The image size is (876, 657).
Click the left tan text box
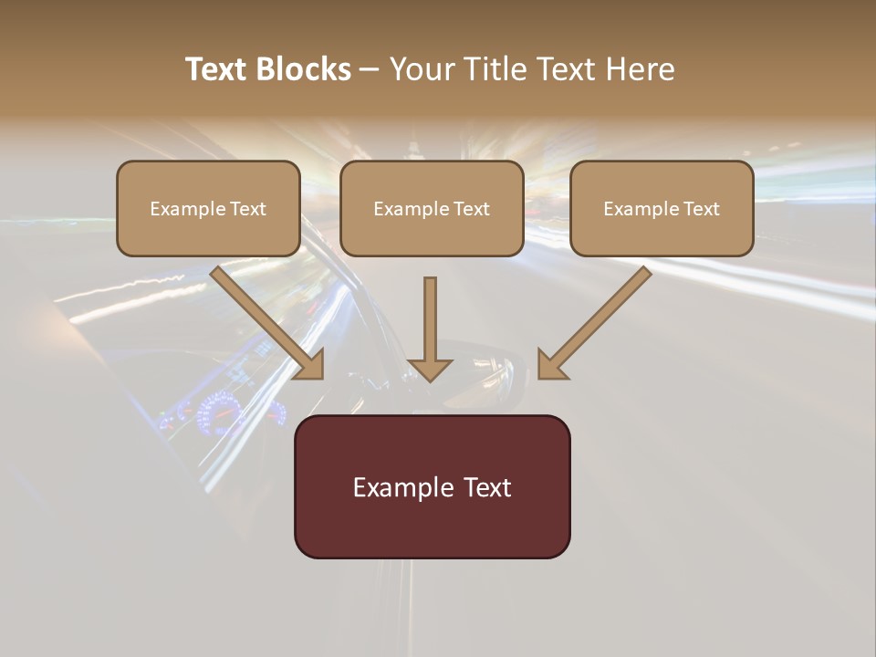click(x=208, y=208)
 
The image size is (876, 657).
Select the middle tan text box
click(x=432, y=208)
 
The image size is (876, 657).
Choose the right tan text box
click(x=662, y=208)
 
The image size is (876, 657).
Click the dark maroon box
click(x=432, y=486)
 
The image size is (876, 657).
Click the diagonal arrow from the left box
click(x=265, y=319)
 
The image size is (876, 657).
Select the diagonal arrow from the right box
click(x=598, y=319)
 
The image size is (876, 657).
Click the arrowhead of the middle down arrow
click(x=430, y=369)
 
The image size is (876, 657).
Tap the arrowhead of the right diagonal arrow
click(x=551, y=364)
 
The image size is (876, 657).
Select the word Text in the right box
click(x=700, y=209)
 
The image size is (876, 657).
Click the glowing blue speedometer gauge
click(x=217, y=412)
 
